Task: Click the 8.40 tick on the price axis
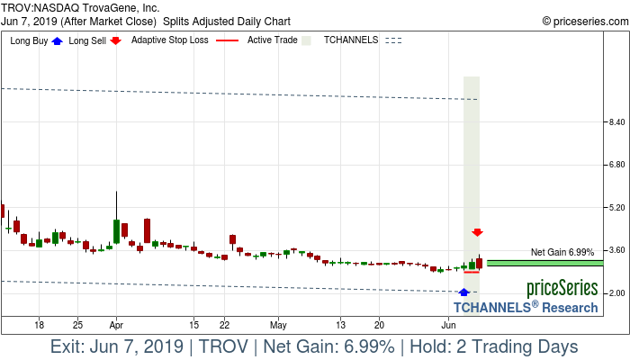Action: coord(616,121)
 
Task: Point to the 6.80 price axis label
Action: coord(616,165)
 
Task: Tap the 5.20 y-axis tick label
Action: coord(616,208)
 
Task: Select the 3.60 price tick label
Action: coord(616,250)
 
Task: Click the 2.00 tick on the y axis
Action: coord(616,293)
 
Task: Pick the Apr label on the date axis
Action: coord(116,324)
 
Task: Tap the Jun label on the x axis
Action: coord(447,324)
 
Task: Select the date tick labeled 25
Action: coord(78,324)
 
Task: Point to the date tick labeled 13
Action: coord(341,324)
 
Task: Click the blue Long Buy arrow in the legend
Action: coord(58,40)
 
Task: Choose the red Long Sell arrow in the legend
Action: coord(115,40)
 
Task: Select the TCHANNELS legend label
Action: coord(351,40)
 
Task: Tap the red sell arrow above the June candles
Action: coord(478,233)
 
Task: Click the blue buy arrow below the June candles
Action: coord(463,292)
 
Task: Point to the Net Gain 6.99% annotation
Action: coord(562,252)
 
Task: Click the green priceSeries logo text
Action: coord(562,289)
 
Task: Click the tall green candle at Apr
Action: coord(116,231)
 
